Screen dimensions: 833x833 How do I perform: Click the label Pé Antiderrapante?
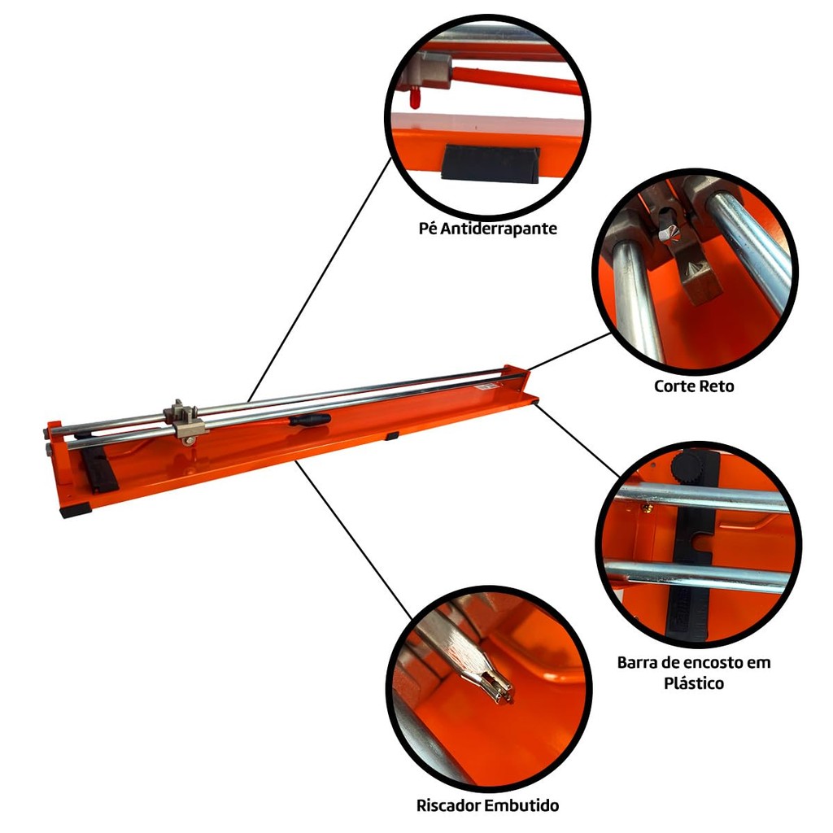pos(488,229)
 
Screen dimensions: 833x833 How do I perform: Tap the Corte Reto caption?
pos(694,386)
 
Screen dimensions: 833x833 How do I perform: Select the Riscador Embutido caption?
pos(487,805)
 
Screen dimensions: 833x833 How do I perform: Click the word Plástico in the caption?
pos(694,683)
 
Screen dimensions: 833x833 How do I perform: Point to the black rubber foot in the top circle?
pos(491,164)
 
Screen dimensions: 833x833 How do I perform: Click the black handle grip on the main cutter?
pos(310,420)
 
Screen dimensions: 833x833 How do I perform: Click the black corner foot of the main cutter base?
pos(76,511)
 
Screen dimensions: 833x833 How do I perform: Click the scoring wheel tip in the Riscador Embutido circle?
pos(504,692)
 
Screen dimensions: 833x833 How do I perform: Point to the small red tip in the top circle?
pos(414,98)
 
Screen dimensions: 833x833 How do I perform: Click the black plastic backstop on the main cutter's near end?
pos(99,471)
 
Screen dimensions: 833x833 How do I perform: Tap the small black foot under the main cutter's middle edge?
pos(392,436)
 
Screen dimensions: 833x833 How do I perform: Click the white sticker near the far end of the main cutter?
pos(488,386)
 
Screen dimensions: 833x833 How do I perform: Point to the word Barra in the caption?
pos(635,663)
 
